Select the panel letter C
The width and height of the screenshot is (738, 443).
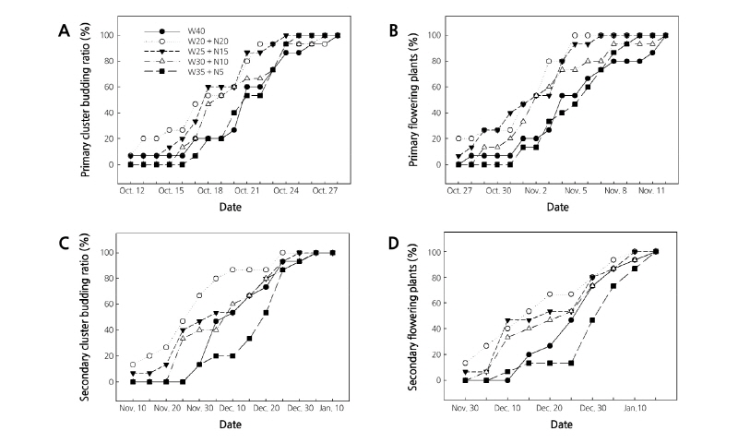(x=64, y=246)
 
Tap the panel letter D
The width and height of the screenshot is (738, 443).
(x=394, y=246)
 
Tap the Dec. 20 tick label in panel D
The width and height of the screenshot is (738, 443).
(x=548, y=407)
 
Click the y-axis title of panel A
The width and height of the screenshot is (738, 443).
(x=85, y=102)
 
